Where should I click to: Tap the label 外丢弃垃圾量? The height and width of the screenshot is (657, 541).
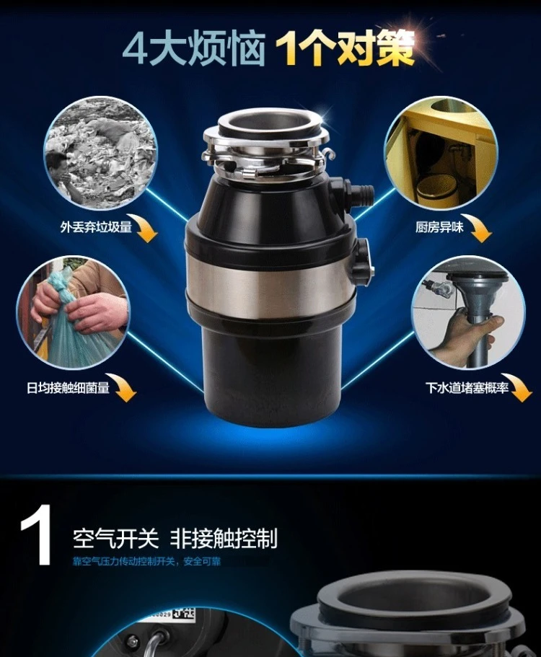[97, 227]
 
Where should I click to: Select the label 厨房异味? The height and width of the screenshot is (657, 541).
[439, 227]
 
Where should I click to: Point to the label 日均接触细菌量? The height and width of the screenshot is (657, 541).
[68, 388]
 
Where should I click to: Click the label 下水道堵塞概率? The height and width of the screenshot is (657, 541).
[467, 388]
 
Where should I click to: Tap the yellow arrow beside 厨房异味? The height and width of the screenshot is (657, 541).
[480, 229]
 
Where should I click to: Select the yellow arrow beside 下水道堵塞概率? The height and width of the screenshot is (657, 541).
[519, 388]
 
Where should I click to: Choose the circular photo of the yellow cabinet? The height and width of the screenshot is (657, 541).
[441, 152]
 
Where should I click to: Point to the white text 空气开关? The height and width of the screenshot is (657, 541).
[116, 538]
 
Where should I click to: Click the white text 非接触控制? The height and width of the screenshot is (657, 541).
[224, 538]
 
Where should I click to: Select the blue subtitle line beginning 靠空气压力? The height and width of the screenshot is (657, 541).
[146, 561]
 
